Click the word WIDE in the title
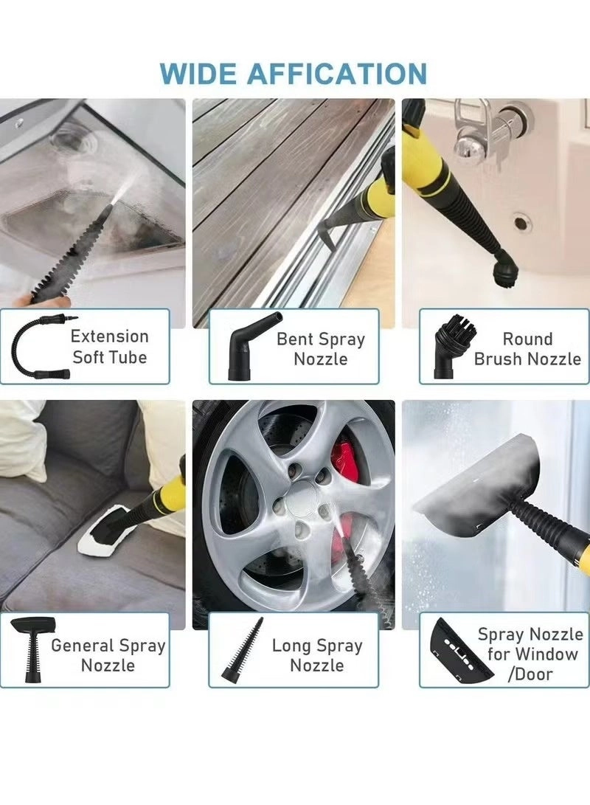(x=198, y=74)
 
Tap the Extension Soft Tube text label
(x=109, y=347)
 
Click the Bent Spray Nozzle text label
(x=320, y=349)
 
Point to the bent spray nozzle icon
(x=246, y=347)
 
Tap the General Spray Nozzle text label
(x=108, y=655)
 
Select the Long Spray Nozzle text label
(x=317, y=655)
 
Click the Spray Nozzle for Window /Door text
(x=530, y=654)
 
